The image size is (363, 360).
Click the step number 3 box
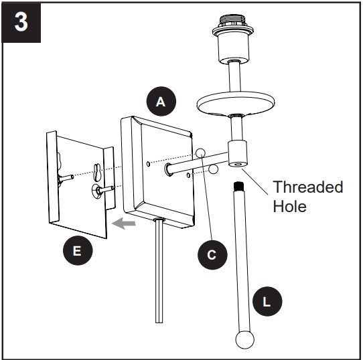click(21, 23)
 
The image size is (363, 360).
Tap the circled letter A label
click(161, 101)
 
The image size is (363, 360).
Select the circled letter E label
click(78, 250)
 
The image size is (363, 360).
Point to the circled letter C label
click(212, 255)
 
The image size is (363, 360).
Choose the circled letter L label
click(267, 301)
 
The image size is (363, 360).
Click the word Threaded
click(308, 187)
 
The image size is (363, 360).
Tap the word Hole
click(289, 206)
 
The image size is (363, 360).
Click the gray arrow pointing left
click(124, 223)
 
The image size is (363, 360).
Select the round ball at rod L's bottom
click(244, 340)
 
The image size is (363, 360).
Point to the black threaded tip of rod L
click(239, 186)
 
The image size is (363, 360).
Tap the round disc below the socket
click(236, 103)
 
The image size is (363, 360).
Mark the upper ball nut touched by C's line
click(200, 153)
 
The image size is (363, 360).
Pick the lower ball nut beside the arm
click(213, 169)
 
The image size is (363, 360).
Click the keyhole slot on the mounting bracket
click(98, 173)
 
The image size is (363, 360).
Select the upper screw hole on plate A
click(148, 164)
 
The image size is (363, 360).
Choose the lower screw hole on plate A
click(188, 175)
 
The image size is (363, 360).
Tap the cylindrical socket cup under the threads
click(234, 48)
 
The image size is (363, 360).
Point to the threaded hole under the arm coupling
click(238, 165)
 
